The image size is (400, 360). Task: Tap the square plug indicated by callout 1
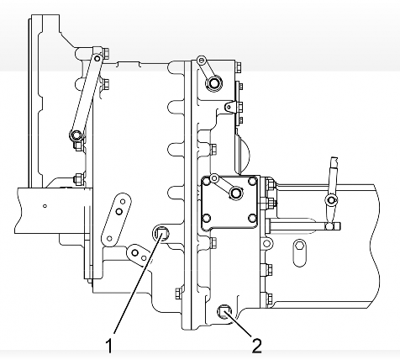[161, 232]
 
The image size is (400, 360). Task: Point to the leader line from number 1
[137, 284]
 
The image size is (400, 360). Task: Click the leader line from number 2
[240, 324]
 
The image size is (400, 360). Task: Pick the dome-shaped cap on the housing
[242, 153]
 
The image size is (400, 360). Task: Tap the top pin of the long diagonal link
[97, 59]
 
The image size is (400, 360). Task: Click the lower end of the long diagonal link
[76, 135]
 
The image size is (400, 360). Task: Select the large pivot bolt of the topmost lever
[214, 82]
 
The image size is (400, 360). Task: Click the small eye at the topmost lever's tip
[201, 60]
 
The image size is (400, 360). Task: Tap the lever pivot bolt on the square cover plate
[235, 193]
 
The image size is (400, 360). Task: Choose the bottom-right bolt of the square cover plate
[252, 218]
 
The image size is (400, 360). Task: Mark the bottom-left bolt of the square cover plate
[207, 218]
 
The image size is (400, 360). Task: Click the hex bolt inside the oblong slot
[299, 246]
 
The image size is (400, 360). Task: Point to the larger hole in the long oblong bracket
[119, 212]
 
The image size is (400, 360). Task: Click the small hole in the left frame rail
[45, 206]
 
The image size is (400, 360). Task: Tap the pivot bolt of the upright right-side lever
[331, 200]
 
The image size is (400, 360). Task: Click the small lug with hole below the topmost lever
[229, 107]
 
